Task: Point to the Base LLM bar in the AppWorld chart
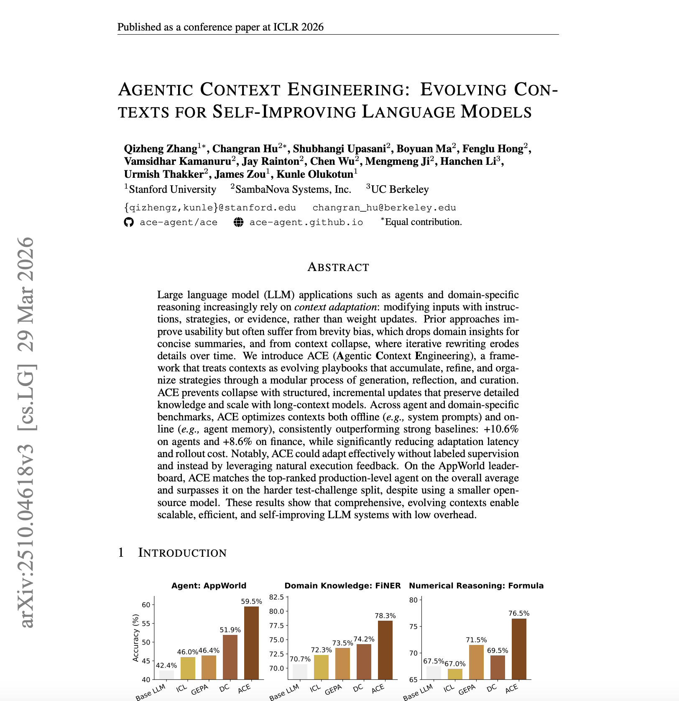pos(166,675)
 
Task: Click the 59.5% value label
pos(251,601)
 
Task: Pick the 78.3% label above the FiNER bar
pos(385,616)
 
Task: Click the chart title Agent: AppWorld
pos(209,586)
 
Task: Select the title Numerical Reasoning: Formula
pos(476,586)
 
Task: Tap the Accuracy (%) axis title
pos(135,638)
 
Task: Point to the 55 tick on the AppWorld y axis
pos(146,623)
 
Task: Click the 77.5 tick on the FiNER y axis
pos(276,625)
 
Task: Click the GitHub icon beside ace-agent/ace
pos(129,222)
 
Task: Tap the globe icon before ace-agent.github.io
pos(238,222)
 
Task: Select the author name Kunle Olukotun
pos(315,174)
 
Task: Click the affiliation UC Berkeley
pos(400,189)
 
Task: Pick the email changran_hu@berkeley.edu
pos(384,207)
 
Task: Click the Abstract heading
pos(338,267)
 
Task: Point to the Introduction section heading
pos(182,553)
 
